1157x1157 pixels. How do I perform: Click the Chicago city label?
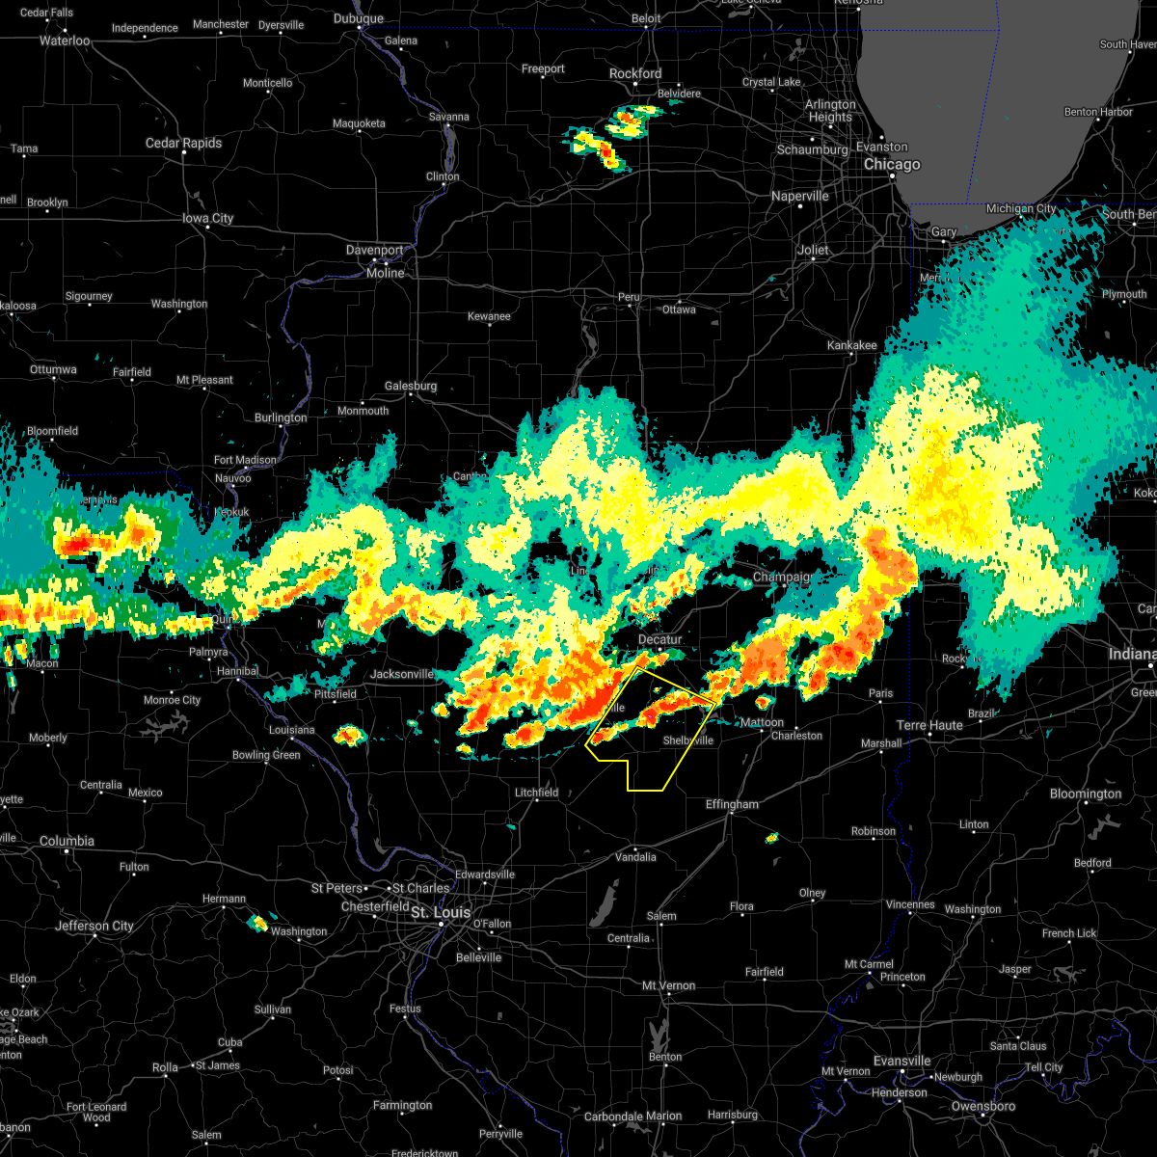(x=892, y=165)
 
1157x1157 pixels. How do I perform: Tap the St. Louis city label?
(x=441, y=912)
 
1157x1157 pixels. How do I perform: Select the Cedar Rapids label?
(x=183, y=143)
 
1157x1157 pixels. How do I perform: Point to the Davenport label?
(x=375, y=250)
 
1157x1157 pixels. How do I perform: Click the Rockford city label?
(x=635, y=73)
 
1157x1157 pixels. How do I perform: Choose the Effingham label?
(x=732, y=804)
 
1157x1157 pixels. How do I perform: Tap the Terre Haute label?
(x=929, y=725)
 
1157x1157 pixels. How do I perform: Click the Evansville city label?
(x=901, y=1061)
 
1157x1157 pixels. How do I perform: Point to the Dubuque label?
(x=358, y=18)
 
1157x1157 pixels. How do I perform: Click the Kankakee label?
(x=851, y=345)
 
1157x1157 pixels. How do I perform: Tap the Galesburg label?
(x=411, y=386)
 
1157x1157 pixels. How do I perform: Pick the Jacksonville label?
(x=402, y=674)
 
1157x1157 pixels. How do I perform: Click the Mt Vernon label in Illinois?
(x=669, y=985)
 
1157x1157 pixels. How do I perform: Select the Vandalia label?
(x=635, y=856)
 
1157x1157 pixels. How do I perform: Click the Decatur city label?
(x=659, y=639)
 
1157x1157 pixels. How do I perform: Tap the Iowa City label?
(x=208, y=218)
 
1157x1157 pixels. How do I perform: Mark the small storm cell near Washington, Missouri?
(x=257, y=923)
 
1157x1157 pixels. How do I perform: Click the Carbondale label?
(x=613, y=1117)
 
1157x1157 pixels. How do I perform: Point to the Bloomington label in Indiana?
(x=1085, y=794)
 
